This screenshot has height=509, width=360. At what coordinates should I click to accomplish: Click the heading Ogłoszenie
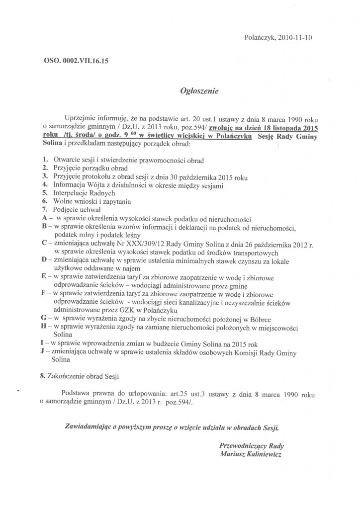(x=198, y=91)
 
